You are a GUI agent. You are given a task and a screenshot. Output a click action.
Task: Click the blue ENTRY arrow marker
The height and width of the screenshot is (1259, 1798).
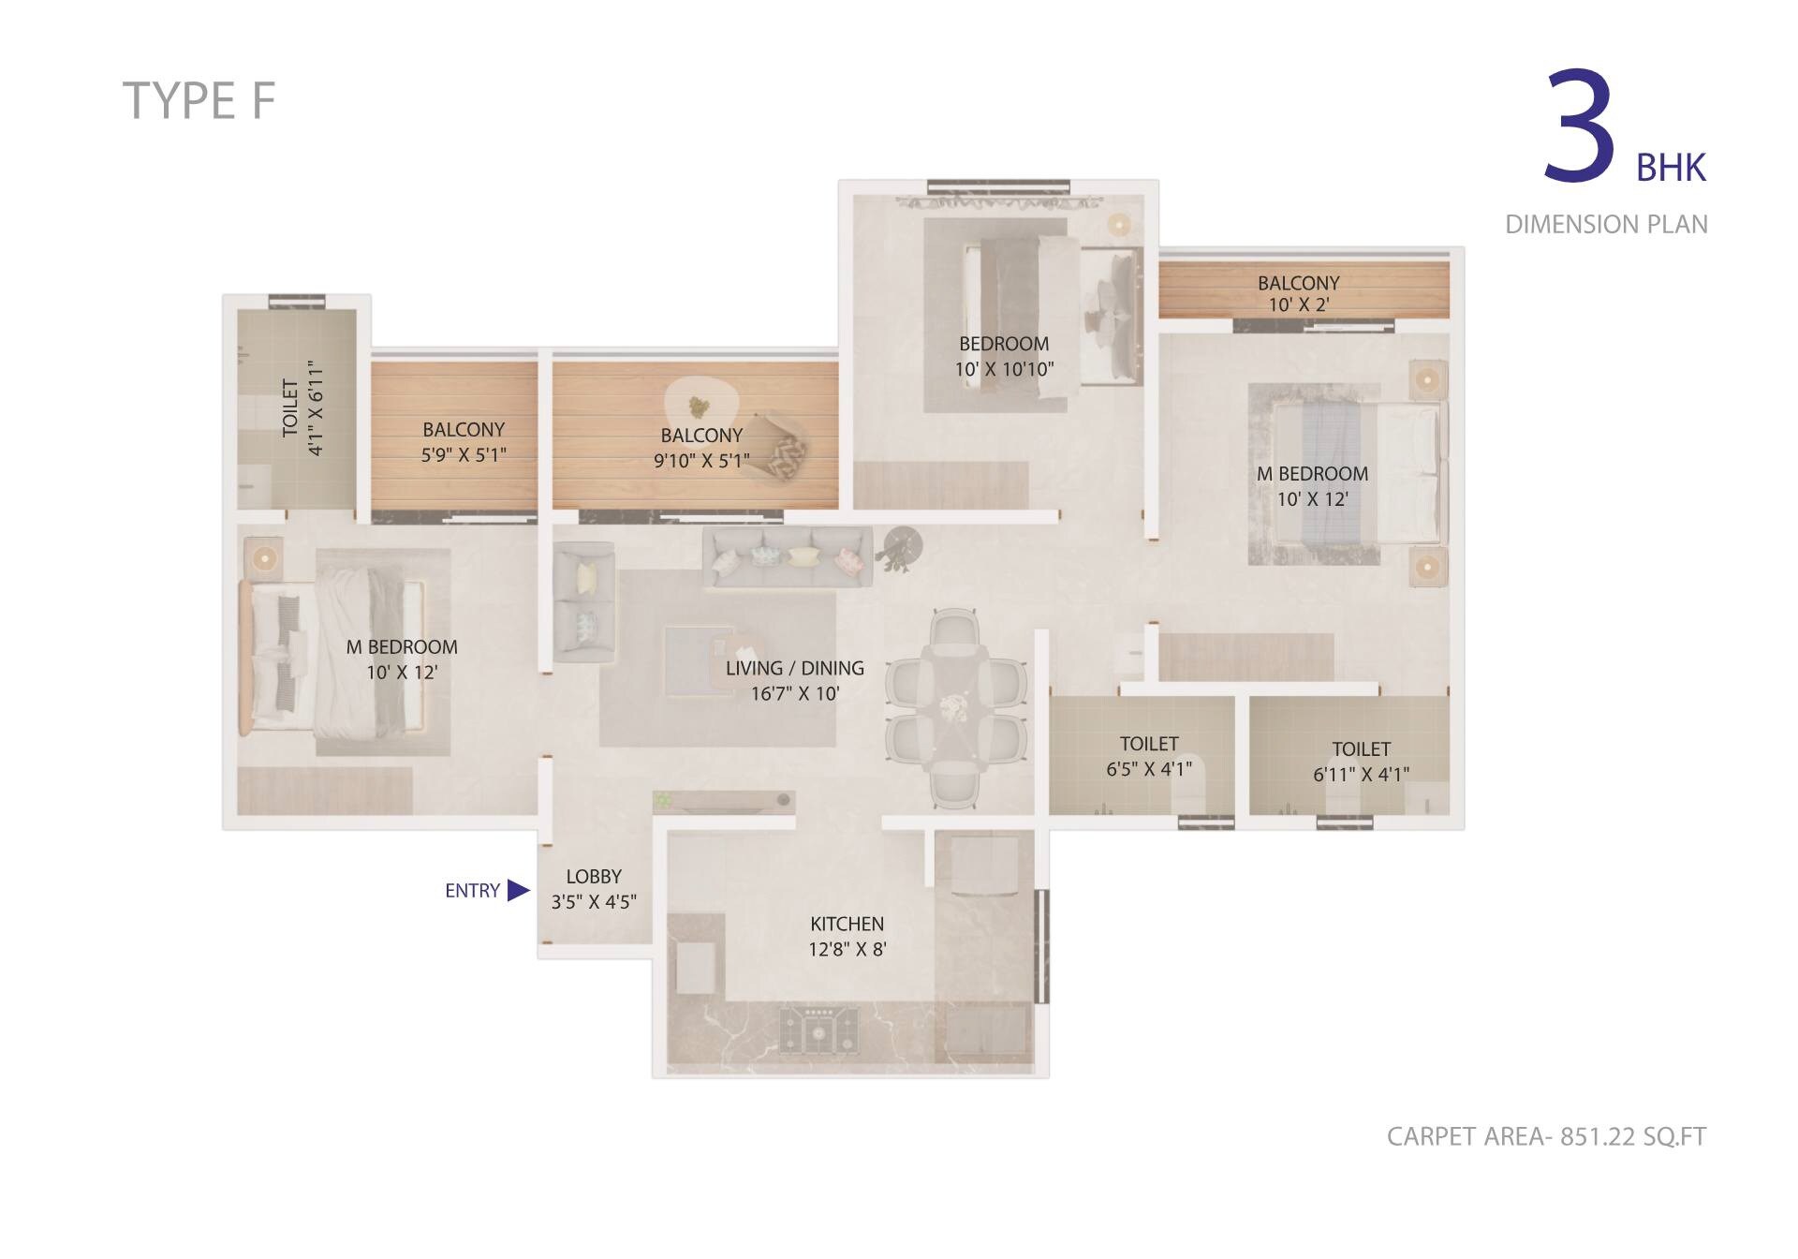point(518,890)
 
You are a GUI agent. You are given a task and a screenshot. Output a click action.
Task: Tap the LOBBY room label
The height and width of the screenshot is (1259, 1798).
point(594,877)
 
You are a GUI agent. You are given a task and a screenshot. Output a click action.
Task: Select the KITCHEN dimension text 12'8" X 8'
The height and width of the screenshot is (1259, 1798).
point(847,949)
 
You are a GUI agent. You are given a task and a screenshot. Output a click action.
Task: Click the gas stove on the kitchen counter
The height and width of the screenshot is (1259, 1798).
point(818,1029)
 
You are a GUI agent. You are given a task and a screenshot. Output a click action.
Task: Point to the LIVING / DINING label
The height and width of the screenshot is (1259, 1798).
point(794,669)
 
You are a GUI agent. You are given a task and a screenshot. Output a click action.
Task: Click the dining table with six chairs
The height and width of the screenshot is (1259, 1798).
point(955,708)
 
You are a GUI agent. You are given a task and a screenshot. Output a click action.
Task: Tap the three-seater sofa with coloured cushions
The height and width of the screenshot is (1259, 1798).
point(787,557)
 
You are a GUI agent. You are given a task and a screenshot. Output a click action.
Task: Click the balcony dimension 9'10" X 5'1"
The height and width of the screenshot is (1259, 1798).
point(701,461)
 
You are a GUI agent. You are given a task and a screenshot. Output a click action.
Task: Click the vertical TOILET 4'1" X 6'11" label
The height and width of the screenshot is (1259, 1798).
point(302,408)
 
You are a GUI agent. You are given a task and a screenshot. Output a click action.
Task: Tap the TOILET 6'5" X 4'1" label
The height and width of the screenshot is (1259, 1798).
point(1149,756)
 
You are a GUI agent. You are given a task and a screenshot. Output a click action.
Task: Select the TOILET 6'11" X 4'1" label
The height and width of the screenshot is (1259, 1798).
point(1361,762)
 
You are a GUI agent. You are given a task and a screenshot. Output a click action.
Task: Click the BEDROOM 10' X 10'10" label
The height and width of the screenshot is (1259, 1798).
point(1004,356)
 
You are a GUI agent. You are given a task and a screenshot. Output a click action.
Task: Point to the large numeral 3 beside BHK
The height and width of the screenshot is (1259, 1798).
point(1580,127)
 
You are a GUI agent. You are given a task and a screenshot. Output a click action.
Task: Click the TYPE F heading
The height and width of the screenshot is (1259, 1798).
point(199,101)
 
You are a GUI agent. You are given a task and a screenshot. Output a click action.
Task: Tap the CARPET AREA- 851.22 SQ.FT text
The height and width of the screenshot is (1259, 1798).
point(1546,1136)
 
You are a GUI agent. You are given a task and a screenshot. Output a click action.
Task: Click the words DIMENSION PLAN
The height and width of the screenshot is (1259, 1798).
point(1606,225)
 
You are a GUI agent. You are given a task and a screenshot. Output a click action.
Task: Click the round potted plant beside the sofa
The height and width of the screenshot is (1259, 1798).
point(902,545)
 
